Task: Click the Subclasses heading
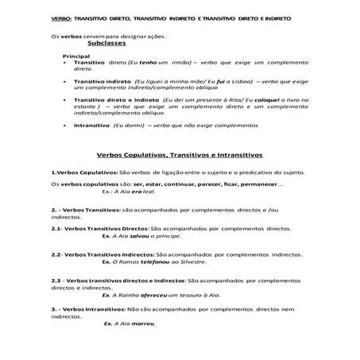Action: [x=100, y=45]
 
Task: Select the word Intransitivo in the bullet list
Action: [x=91, y=125]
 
